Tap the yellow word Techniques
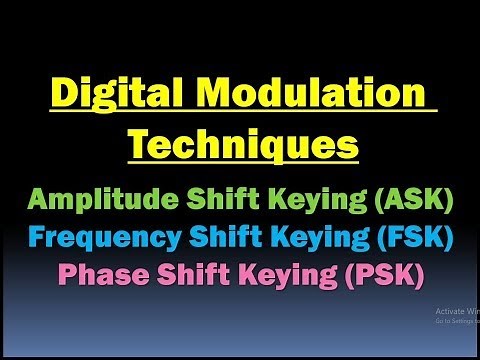[x=243, y=146]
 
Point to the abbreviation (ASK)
[x=411, y=199]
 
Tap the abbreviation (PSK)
[x=385, y=273]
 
